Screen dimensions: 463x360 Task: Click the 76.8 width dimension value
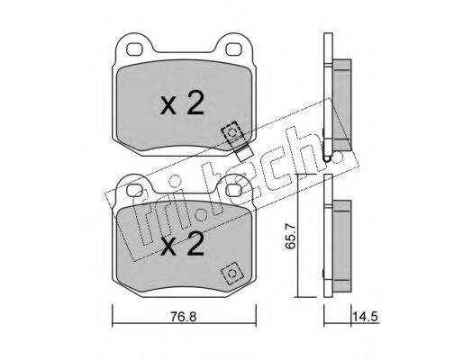click(x=184, y=317)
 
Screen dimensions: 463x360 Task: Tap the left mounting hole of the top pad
click(x=135, y=49)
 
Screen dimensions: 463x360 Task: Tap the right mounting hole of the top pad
click(x=233, y=49)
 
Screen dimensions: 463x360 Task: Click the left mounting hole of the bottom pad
click(x=135, y=190)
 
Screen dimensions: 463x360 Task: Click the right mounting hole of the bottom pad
click(x=233, y=190)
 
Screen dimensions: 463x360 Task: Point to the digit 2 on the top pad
click(x=195, y=102)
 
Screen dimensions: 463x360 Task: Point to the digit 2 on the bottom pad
click(x=195, y=243)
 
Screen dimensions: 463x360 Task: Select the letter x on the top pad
click(x=168, y=106)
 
